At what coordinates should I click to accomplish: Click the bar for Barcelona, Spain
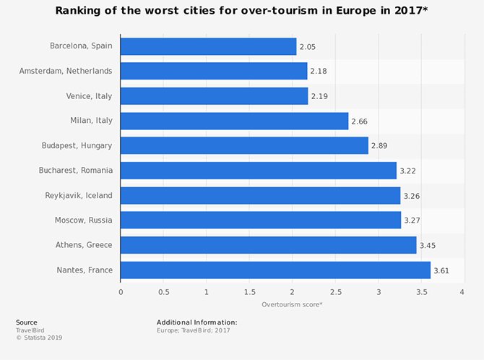pyautogui.click(x=208, y=46)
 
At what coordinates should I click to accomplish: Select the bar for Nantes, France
pyautogui.click(x=275, y=270)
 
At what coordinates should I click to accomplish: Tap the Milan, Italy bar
pyautogui.click(x=234, y=121)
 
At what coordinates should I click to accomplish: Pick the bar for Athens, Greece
pyautogui.click(x=268, y=245)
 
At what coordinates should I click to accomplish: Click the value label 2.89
pyautogui.click(x=379, y=146)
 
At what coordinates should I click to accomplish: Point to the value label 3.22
pyautogui.click(x=408, y=171)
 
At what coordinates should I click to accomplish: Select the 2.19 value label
pyautogui.click(x=319, y=96)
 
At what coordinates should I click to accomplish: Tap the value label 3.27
pyautogui.click(x=412, y=220)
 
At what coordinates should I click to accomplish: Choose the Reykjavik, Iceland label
pyautogui.click(x=77, y=195)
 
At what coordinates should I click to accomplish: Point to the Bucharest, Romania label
pyautogui.click(x=75, y=171)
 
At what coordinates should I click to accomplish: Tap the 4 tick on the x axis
pyautogui.click(x=462, y=292)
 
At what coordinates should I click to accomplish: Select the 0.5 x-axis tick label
pyautogui.click(x=163, y=292)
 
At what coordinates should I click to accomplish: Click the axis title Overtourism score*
pyautogui.click(x=291, y=304)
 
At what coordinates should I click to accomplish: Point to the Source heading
pyautogui.click(x=26, y=322)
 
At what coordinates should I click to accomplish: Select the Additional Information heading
pyautogui.click(x=196, y=322)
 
